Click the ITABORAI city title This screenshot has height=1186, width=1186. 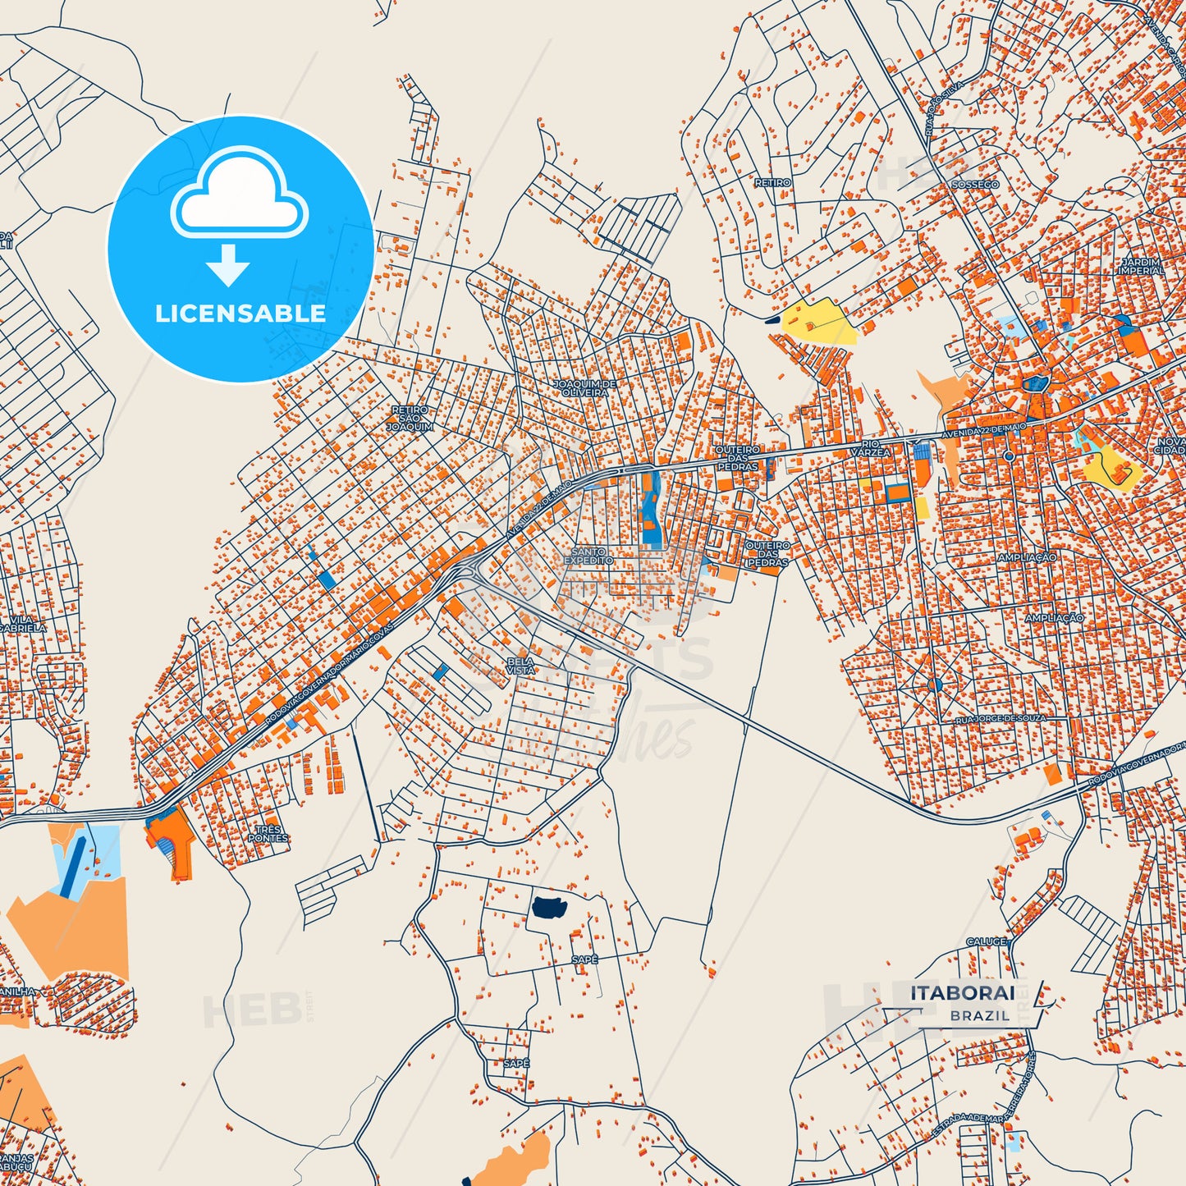pyautogui.click(x=962, y=993)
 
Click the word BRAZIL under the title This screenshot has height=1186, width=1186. pyautogui.click(x=980, y=1015)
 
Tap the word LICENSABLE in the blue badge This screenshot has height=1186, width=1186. pyautogui.click(x=240, y=314)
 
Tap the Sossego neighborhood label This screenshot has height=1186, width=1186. pyautogui.click(x=975, y=185)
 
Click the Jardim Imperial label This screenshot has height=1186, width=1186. pyautogui.click(x=1141, y=266)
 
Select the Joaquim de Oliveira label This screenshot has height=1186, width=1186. pyautogui.click(x=585, y=388)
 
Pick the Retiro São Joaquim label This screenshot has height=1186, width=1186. pyautogui.click(x=410, y=418)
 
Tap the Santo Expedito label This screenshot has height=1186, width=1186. pyautogui.click(x=588, y=556)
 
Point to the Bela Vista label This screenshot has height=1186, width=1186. pyautogui.click(x=520, y=666)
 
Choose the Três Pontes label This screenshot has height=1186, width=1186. pyautogui.click(x=268, y=834)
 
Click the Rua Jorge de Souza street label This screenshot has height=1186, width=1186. pyautogui.click(x=1001, y=719)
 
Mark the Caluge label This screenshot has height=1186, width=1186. pyautogui.click(x=986, y=941)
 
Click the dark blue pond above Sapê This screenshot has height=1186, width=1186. pyautogui.click(x=550, y=906)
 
